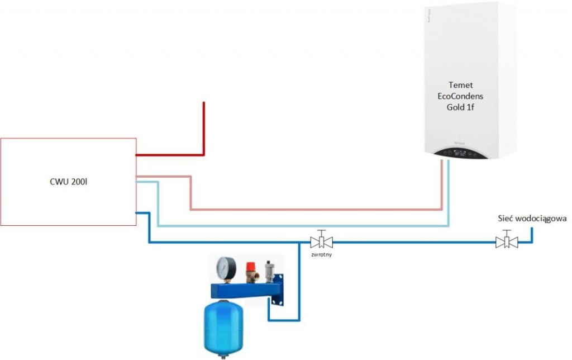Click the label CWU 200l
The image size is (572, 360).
pyautogui.click(x=67, y=182)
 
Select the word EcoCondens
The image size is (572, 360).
pyautogui.click(x=460, y=96)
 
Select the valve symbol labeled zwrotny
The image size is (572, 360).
pyautogui.click(x=321, y=242)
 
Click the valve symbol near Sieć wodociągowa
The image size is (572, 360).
pyautogui.click(x=506, y=242)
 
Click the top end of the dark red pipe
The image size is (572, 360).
pyautogui.click(x=204, y=104)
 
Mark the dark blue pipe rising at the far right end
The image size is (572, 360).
pyautogui.click(x=532, y=235)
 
